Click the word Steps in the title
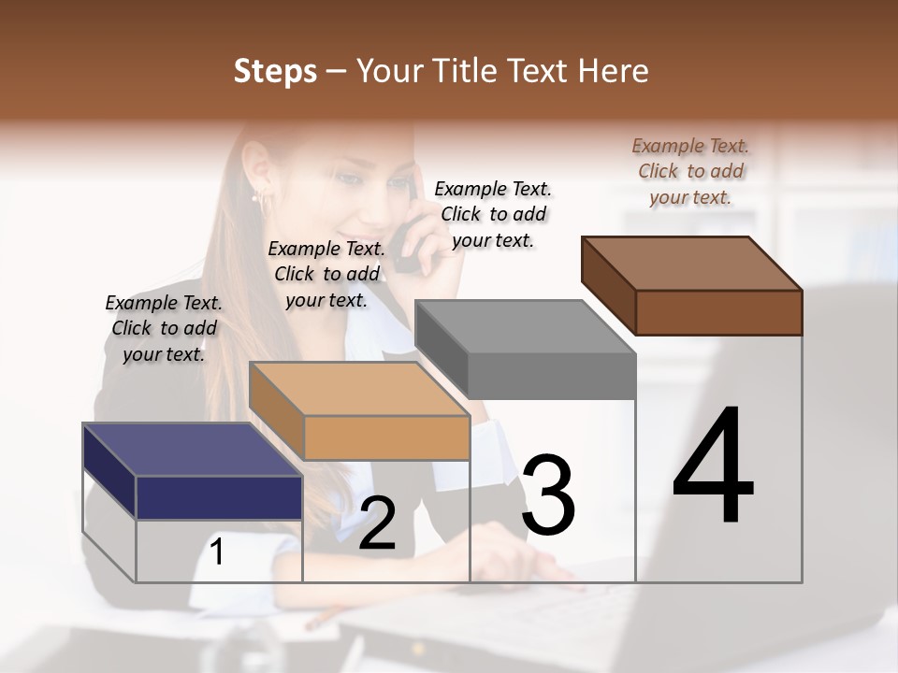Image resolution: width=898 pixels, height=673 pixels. tap(275, 71)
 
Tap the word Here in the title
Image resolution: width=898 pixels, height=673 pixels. tap(613, 71)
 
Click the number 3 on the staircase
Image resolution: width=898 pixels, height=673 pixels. tap(547, 495)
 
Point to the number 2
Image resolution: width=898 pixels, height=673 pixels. tap(377, 523)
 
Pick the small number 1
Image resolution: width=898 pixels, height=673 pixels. tap(217, 552)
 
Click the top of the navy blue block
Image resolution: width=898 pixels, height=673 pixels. tap(192, 450)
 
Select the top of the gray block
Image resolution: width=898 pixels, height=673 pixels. tap(525, 327)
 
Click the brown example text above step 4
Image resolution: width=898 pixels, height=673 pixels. tap(690, 171)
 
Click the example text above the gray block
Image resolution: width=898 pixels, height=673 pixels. tap(493, 214)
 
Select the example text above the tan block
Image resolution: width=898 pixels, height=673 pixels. tap(326, 274)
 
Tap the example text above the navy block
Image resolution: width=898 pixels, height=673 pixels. tap(164, 328)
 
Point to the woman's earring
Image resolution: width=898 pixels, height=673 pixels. tap(255, 197)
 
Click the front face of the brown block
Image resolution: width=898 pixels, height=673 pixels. tap(718, 312)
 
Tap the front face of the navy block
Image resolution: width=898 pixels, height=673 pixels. tap(219, 497)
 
